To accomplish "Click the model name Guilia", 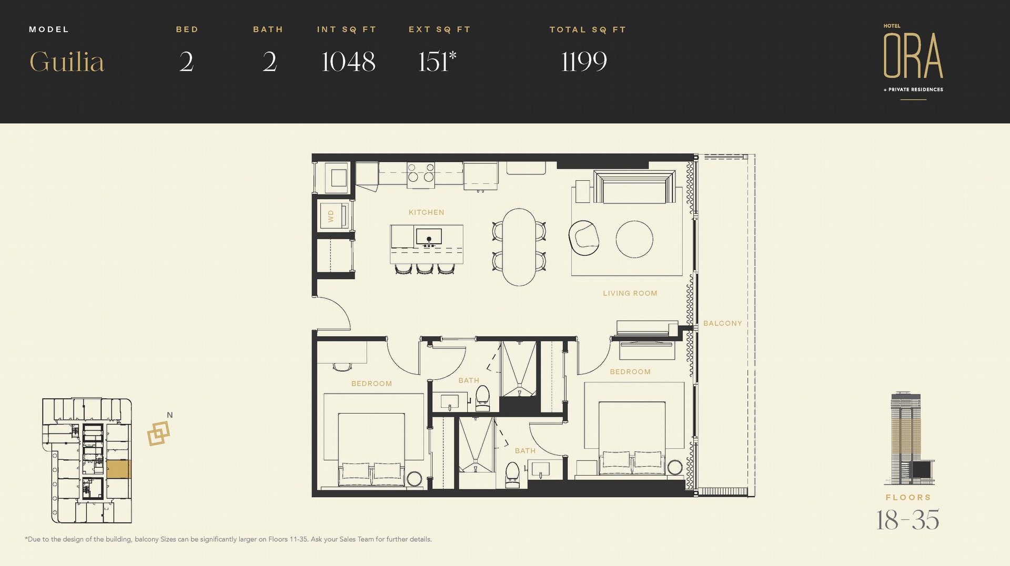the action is point(67,62).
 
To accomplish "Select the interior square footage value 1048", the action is point(348,62).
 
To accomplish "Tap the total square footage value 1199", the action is point(584,62).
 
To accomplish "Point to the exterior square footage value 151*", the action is point(437,61).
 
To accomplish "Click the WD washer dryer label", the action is point(331,216).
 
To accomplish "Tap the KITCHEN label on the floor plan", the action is point(427,212).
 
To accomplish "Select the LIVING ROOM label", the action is point(630,293).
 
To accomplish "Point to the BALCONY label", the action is point(723,323).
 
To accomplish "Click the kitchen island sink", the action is point(429,236).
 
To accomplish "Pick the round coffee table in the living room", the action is point(634,239).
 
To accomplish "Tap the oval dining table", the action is point(519,247).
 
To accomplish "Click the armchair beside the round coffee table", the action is point(584,238).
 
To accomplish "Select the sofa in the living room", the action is point(634,187).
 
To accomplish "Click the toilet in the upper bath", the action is point(482,398).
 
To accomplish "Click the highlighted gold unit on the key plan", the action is point(118,469).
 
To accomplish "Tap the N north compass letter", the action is point(170,415).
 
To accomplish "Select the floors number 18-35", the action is point(908,520).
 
